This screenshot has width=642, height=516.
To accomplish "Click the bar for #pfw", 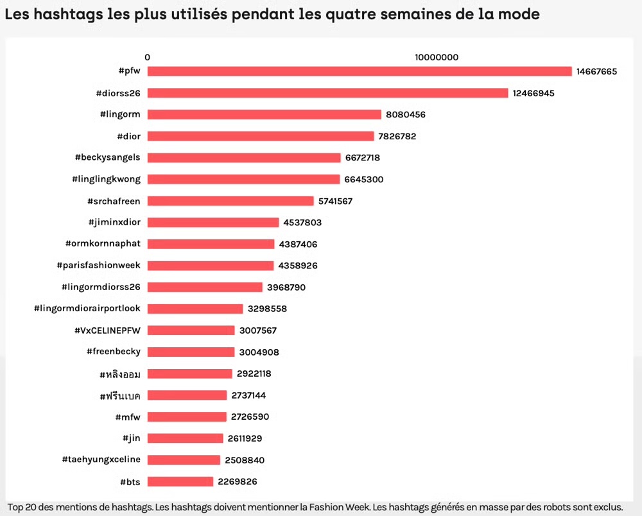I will [x=360, y=71].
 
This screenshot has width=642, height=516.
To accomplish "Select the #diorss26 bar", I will [x=327, y=93].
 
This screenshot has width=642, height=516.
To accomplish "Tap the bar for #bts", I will [x=180, y=481].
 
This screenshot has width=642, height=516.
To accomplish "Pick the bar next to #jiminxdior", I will [x=213, y=223].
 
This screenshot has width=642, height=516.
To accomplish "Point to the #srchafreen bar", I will [x=230, y=201].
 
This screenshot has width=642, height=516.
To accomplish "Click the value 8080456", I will [x=406, y=115].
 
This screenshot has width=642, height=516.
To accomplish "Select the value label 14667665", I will [x=596, y=71].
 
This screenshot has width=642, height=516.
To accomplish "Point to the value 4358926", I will [x=298, y=266].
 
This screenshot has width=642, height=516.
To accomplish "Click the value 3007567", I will [x=259, y=331].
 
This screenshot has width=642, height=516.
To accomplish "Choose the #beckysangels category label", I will [x=107, y=157].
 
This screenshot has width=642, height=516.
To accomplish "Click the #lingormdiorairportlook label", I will [x=87, y=309].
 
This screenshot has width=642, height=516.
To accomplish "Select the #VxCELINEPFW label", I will [x=107, y=331].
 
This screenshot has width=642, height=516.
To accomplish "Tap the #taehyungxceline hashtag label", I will [x=101, y=460].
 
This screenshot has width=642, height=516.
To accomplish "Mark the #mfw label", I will [x=128, y=417].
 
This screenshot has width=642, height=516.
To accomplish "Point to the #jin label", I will [x=132, y=438].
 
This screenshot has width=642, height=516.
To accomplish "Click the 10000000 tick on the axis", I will [x=437, y=57].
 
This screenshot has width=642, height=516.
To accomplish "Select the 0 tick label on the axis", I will [x=148, y=57].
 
